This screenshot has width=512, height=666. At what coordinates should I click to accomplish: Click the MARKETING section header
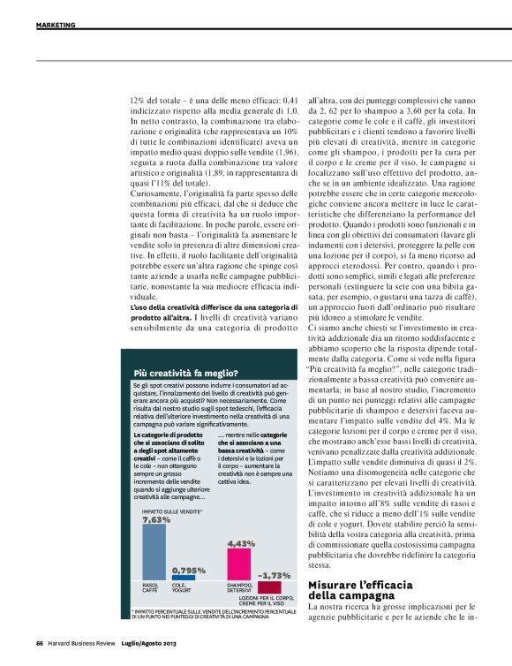click(56, 25)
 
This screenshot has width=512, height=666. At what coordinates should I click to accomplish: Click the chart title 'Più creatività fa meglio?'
click(184, 374)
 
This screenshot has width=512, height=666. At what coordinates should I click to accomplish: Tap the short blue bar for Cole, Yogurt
click(183, 579)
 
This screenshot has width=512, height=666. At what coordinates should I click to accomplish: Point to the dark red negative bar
click(269, 587)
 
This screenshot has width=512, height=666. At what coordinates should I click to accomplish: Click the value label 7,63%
click(156, 519)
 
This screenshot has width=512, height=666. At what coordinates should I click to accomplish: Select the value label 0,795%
click(189, 570)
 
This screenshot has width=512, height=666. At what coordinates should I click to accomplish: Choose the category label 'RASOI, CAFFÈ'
click(152, 587)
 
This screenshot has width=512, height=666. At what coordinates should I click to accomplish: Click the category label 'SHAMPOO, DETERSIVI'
click(239, 587)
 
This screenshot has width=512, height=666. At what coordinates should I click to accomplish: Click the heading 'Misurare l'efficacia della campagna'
click(358, 591)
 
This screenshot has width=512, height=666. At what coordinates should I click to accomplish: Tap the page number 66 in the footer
click(40, 642)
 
